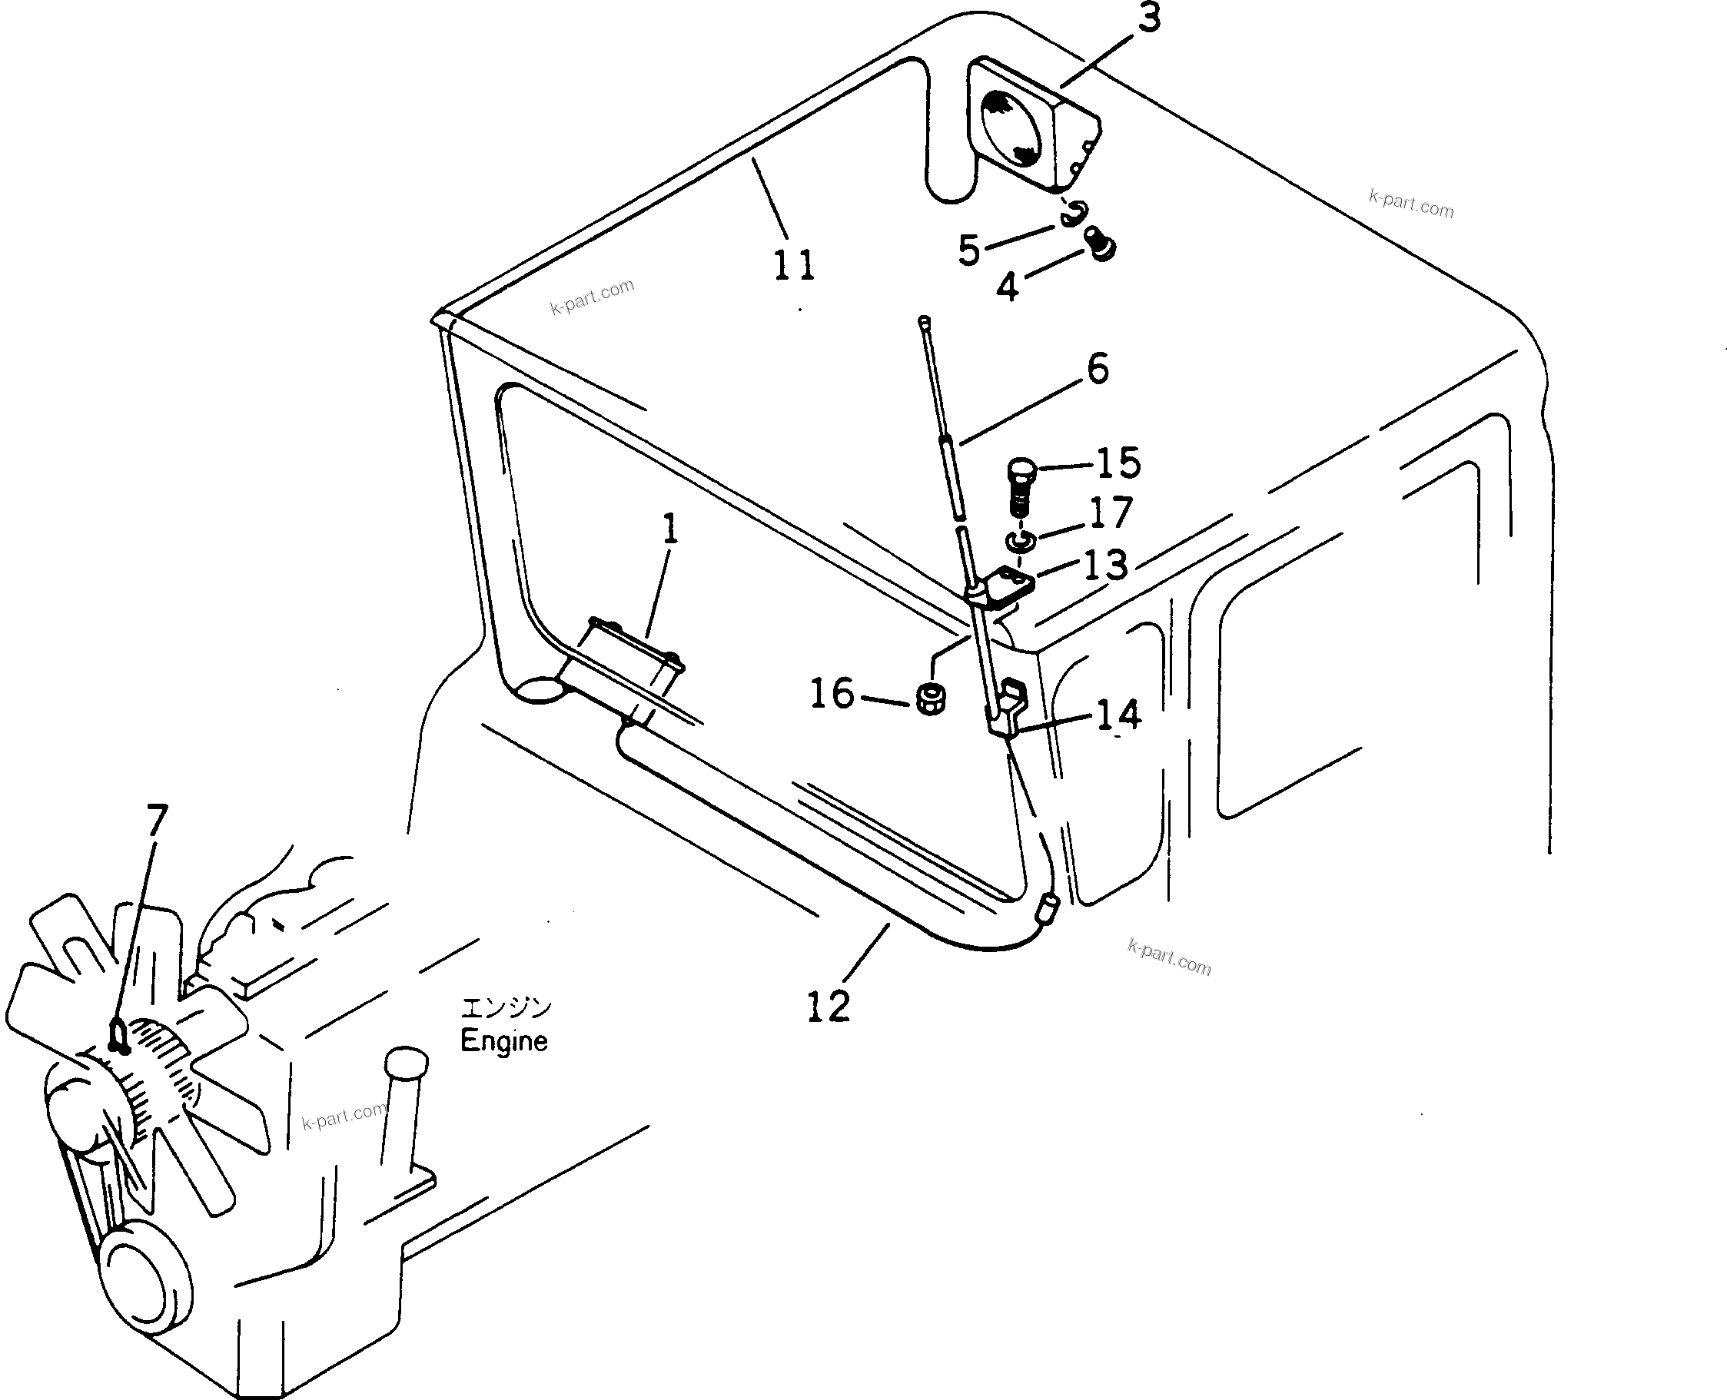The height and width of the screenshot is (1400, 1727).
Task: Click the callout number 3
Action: pyautogui.click(x=1149, y=18)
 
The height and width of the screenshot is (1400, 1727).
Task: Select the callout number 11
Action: pyautogui.click(x=795, y=265)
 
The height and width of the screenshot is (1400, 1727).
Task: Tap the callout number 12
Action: pyautogui.click(x=829, y=1006)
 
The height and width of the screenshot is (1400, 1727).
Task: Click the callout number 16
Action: pyautogui.click(x=832, y=694)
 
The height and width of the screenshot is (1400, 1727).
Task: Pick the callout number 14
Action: pyautogui.click(x=1119, y=715)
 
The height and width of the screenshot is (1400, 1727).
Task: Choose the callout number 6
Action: pyautogui.click(x=1098, y=369)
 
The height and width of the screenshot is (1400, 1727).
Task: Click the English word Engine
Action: pyautogui.click(x=503, y=1041)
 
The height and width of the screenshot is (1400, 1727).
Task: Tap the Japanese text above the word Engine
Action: pyautogui.click(x=506, y=1007)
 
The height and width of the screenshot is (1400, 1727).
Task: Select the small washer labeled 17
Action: pyautogui.click(x=1021, y=540)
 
